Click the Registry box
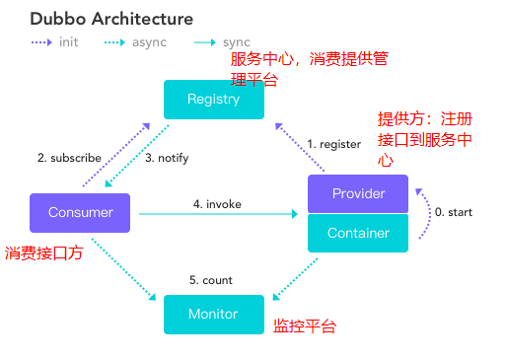(213, 100)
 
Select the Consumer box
(80, 212)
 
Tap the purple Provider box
(357, 193)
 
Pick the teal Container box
(357, 233)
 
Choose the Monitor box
(213, 314)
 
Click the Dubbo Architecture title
(111, 19)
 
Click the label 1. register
(332, 144)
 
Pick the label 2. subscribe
(70, 157)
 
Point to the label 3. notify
(167, 157)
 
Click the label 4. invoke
(217, 204)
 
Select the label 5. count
(211, 280)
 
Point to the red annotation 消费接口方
(43, 252)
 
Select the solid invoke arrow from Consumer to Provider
(217, 214)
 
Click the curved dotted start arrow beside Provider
(423, 213)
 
